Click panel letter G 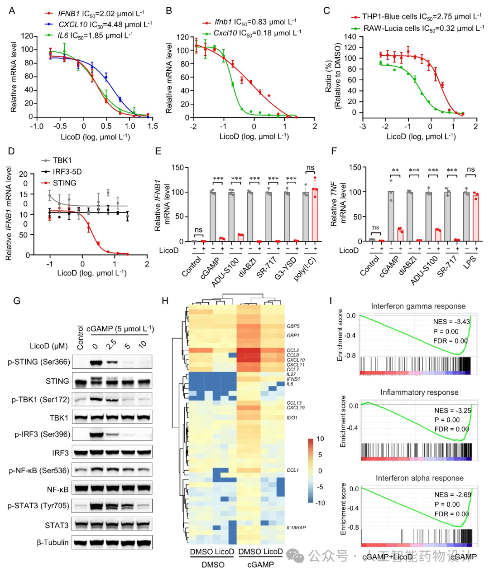[17, 301]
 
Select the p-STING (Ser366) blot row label [39, 362]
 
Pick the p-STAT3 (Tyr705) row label [38, 506]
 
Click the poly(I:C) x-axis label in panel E [305, 269]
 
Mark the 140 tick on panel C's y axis [350, 37]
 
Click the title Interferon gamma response [418, 306]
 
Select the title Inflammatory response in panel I [419, 392]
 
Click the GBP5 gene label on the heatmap [293, 326]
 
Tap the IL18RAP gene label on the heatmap [296, 528]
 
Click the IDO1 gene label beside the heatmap [292, 418]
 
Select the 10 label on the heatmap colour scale [320, 439]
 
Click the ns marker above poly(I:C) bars [310, 168]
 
